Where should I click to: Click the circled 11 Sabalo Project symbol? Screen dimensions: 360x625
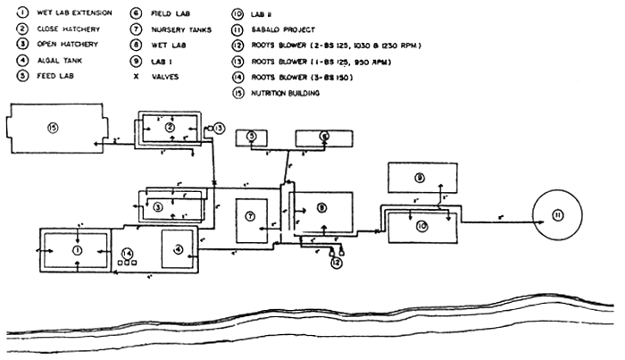click(558, 216)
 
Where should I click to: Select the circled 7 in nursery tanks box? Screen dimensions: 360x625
click(251, 217)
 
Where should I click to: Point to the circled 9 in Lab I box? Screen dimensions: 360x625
click(419, 178)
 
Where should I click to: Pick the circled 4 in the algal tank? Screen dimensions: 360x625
click(178, 248)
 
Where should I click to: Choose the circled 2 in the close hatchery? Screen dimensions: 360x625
click(170, 128)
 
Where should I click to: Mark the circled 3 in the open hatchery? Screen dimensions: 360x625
click(158, 206)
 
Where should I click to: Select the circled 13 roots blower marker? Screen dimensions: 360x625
click(220, 129)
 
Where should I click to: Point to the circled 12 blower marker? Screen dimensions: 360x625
click(335, 263)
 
